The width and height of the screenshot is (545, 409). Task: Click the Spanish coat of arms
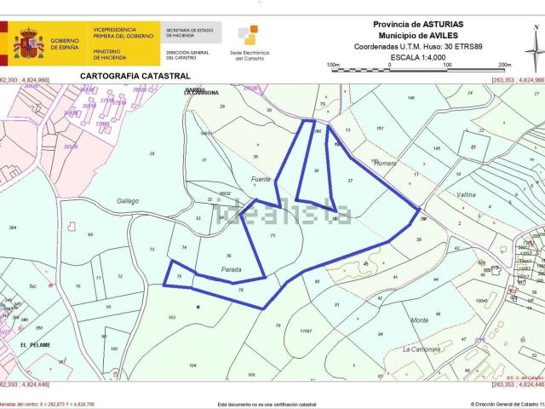pyautogui.click(x=27, y=43)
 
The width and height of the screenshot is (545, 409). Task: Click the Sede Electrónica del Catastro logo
pyautogui.click(x=248, y=37)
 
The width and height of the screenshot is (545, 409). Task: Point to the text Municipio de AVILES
pyautogui.click(x=414, y=37)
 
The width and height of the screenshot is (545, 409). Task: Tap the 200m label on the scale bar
pyautogui.click(x=504, y=65)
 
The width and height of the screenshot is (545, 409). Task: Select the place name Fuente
pyautogui.click(x=261, y=179)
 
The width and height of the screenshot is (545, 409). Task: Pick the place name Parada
pyautogui.click(x=232, y=270)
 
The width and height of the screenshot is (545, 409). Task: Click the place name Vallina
pyautogui.click(x=466, y=195)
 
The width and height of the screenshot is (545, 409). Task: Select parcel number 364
pyautogui.click(x=12, y=228)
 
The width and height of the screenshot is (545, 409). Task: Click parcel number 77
pyautogui.click(x=272, y=235)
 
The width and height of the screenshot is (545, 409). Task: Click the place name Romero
pyautogui.click(x=387, y=164)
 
